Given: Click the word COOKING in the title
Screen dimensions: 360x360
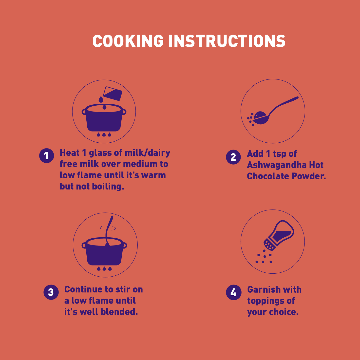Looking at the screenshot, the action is (x=128, y=41).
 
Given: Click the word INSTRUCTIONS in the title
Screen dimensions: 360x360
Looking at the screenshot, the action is (x=227, y=41).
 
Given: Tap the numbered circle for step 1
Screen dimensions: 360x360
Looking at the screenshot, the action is (x=47, y=156).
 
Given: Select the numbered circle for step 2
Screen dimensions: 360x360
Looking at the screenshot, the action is (x=233, y=157).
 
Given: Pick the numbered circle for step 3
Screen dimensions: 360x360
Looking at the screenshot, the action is (x=51, y=292).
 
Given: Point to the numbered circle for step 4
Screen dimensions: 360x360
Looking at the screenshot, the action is (x=233, y=292).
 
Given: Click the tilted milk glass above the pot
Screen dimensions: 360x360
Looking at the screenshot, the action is (x=113, y=93).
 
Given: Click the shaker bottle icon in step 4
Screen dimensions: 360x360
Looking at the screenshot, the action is (x=279, y=235).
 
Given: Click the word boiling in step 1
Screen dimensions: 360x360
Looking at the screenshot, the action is (x=108, y=186).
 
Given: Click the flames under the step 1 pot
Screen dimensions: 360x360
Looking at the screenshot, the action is (x=104, y=134).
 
